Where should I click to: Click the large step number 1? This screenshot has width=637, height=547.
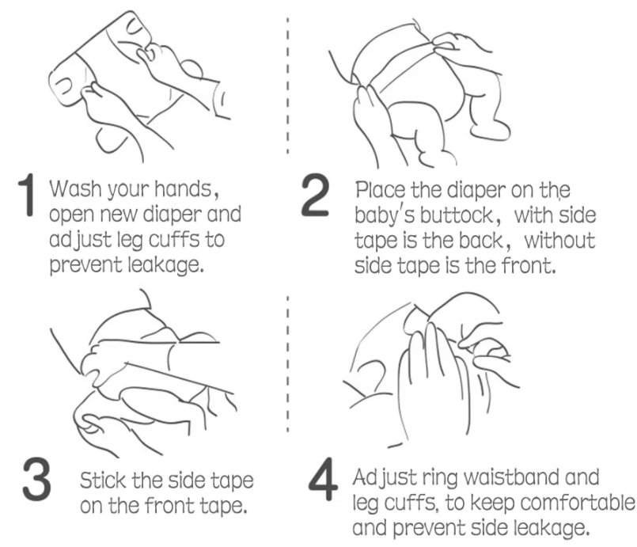(x=27, y=195)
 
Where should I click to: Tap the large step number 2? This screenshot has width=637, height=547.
(x=315, y=195)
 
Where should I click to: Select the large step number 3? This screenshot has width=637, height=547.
(x=37, y=479)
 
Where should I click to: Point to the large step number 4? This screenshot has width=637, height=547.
(x=323, y=479)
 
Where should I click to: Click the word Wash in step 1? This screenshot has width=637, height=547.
(x=75, y=189)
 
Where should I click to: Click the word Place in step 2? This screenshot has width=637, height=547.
(x=381, y=190)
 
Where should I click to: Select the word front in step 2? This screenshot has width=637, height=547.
(x=528, y=266)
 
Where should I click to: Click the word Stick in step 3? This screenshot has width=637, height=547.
(x=103, y=481)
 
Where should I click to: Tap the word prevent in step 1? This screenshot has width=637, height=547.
(x=85, y=266)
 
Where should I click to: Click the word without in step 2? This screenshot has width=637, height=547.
(x=559, y=241)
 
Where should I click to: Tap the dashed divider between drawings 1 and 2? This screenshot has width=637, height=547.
(x=287, y=85)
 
